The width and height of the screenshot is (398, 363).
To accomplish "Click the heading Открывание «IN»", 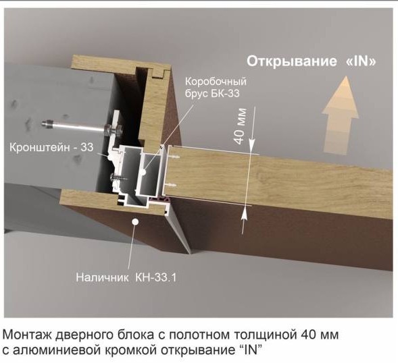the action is [312, 61].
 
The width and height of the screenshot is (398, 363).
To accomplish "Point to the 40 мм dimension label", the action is [240, 126].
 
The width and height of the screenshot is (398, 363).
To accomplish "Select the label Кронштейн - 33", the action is [51, 147].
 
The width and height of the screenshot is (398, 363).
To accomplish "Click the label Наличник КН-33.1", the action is [126, 277].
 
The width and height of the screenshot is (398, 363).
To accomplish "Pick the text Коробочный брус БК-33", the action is [216, 88].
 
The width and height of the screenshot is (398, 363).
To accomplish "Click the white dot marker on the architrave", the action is [135, 221].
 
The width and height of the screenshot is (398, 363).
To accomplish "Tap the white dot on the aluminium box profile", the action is [144, 172].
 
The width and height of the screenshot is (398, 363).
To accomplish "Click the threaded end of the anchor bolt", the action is [46, 123].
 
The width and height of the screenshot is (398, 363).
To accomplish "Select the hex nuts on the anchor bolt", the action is [114, 130].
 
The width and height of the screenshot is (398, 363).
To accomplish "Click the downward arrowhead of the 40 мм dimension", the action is [251, 146].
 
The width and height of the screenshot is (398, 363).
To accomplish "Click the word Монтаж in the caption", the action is [27, 335].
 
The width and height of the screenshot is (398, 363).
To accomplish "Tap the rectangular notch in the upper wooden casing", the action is [158, 72].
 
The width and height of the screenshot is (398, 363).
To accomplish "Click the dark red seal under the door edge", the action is [159, 200].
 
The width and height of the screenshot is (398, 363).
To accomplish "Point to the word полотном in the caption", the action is [200, 335].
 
